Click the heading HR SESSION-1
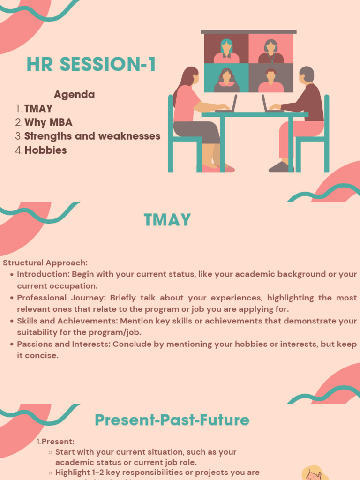point(91,65)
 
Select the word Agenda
point(74,94)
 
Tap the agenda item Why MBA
point(48,122)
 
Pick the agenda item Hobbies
point(45,150)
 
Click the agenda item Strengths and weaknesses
point(92,136)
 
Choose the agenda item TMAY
point(38,109)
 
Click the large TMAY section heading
point(167,220)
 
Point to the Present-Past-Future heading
point(172,420)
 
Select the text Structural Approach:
point(45,263)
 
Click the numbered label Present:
point(58,442)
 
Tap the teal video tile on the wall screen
point(226,78)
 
